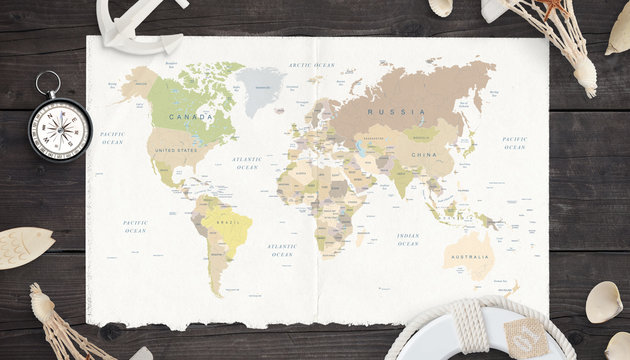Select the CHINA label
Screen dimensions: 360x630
pos(424,155)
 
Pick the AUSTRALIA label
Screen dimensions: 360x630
pos(469,256)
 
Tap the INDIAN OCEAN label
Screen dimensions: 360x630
pos(407,239)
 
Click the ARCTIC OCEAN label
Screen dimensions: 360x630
pos(311,65)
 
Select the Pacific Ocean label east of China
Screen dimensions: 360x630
pos(514,143)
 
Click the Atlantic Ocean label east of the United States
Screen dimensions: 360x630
pos(246,162)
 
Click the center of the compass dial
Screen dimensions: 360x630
pos(60,130)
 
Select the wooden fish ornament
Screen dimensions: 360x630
pos(24,246)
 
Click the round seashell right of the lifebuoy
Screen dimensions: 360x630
pos(603,302)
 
